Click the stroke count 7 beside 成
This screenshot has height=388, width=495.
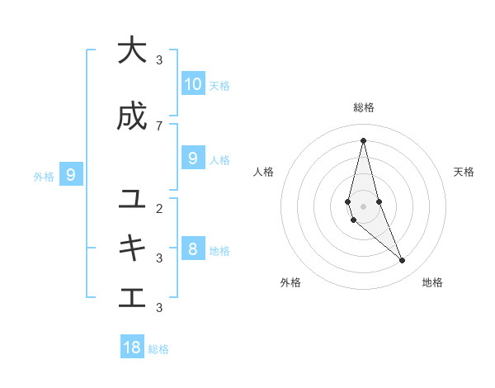(159, 125)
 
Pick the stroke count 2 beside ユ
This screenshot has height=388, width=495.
(159, 208)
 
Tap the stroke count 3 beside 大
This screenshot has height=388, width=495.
(159, 59)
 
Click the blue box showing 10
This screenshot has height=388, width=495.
(192, 83)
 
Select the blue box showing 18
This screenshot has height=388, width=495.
(132, 348)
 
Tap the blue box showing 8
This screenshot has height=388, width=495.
(192, 248)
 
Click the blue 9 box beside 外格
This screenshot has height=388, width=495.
(71, 174)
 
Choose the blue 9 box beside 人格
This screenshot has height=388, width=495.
(192, 158)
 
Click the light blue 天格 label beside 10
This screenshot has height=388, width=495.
(219, 85)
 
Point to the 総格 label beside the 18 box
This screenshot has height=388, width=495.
(158, 349)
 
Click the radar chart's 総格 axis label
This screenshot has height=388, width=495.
(364, 107)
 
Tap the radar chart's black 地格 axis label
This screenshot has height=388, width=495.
(432, 282)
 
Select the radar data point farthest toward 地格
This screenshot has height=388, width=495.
(403, 261)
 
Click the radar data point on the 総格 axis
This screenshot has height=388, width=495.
(363, 140)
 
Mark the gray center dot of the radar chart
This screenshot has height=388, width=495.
(363, 206)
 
